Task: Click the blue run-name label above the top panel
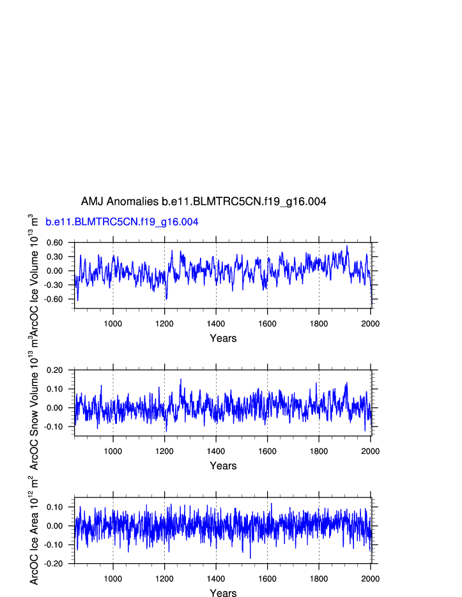click(x=121, y=222)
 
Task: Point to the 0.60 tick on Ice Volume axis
click(x=54, y=243)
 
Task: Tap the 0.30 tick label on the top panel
click(x=54, y=257)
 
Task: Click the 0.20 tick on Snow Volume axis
click(x=54, y=370)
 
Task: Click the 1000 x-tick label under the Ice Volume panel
click(x=113, y=324)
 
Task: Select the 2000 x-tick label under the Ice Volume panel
click(x=371, y=324)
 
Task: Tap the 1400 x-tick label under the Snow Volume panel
click(x=216, y=451)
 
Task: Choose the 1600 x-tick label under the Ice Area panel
click(x=267, y=579)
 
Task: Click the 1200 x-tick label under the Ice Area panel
click(x=164, y=579)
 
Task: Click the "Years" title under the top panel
click(x=223, y=338)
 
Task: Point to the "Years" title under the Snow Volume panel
click(x=223, y=466)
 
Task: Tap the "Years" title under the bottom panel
click(x=223, y=594)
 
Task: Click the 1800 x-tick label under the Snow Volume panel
click(x=319, y=451)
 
